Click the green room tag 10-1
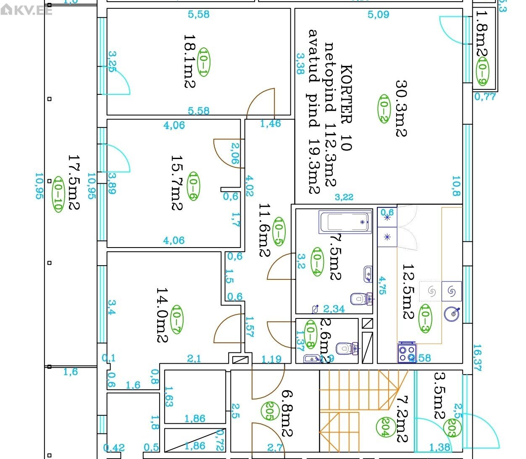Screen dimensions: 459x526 (203, 62)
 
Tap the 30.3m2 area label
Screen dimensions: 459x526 (401, 108)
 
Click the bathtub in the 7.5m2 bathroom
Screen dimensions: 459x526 (345, 223)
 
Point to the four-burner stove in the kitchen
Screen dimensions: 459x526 (407, 353)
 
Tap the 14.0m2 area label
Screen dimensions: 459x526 (163, 315)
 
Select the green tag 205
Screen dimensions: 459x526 (268, 411)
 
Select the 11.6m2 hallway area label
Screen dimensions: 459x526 (264, 230)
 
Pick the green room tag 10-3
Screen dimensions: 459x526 (425, 318)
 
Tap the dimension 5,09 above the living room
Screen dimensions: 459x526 (378, 15)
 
